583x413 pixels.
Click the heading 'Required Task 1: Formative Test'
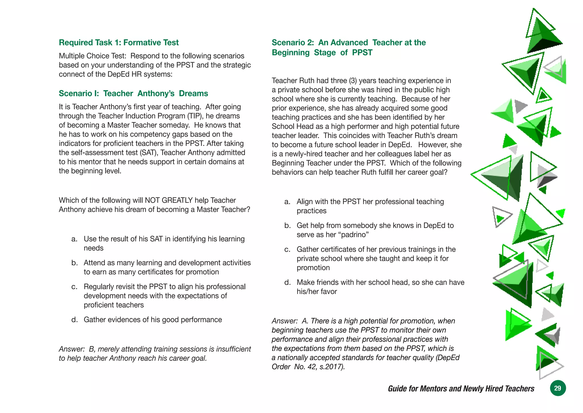(118, 42)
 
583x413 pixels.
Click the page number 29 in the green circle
(557, 388)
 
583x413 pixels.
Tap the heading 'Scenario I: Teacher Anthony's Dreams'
(133, 94)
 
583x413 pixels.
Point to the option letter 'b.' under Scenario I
(75, 263)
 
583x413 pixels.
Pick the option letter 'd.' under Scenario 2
(288, 282)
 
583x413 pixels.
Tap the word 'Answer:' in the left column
(72, 349)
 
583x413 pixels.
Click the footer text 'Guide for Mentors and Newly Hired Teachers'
(461, 388)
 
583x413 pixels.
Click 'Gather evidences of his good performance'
(153, 320)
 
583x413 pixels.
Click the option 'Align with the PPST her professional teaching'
(370, 202)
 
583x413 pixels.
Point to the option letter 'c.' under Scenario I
(75, 287)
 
